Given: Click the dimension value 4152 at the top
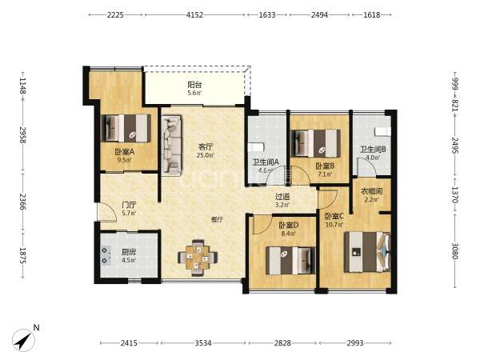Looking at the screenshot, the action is coord(194,14).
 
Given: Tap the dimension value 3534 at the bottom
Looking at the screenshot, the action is coord(203,343).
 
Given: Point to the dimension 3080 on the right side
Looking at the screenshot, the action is coord(455,251).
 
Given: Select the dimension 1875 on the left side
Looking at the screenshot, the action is coord(23,255).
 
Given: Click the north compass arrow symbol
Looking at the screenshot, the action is coord(23,340).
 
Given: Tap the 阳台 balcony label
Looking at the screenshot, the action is coord(194,85).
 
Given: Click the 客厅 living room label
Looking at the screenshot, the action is coord(205,146).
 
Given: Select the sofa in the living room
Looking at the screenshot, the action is coord(171,145).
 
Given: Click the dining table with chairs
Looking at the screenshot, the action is coord(198,258).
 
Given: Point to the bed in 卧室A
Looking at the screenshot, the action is coord(126,128).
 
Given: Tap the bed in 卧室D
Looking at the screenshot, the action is coord(290,261).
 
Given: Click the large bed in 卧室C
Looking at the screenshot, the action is coord(367,252).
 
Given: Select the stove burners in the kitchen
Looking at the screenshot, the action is coord(105,255).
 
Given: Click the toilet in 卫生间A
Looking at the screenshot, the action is coord(256,147).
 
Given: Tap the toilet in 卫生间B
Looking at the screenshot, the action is coord(383,132).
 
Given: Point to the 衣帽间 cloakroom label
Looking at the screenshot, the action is coord(372,191).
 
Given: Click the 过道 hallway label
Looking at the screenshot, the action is coord(282,197).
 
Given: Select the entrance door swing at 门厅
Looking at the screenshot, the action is coord(107,211).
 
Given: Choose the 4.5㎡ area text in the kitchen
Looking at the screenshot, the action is coord(129,260).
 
